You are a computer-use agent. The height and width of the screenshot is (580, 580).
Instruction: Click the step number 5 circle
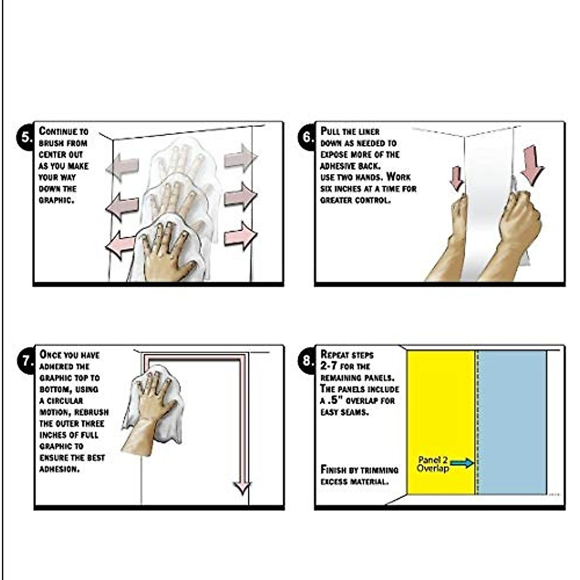26,138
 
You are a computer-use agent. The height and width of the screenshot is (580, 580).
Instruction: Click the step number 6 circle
307,138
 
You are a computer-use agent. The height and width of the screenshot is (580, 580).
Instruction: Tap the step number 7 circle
27,361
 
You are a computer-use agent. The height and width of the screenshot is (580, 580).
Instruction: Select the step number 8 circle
307,361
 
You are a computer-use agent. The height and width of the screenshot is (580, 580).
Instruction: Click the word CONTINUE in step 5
58,131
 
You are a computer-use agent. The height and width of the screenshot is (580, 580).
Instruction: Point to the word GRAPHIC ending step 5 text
56,201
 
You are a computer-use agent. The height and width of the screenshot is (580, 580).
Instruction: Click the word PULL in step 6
331,131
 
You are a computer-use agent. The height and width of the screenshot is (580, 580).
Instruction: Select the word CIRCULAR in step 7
65,401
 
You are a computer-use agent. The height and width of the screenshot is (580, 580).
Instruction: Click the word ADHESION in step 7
59,469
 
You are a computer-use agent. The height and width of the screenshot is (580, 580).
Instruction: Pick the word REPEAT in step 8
334,355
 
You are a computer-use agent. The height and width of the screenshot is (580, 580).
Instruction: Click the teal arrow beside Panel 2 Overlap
462,463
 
